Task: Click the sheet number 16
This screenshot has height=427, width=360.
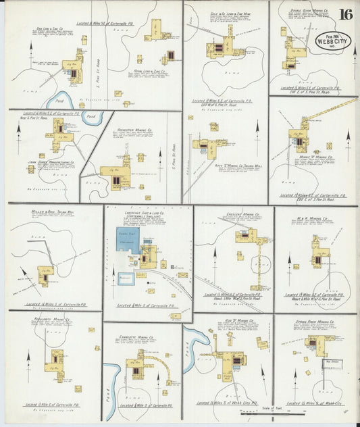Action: click(x=345, y=14)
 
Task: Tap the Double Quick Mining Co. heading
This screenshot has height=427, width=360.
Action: click(x=309, y=11)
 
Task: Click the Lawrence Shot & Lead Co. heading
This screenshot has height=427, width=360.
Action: click(x=148, y=211)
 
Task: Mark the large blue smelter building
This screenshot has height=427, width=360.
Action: click(x=128, y=240)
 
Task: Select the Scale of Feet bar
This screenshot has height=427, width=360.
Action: click(x=266, y=412)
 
